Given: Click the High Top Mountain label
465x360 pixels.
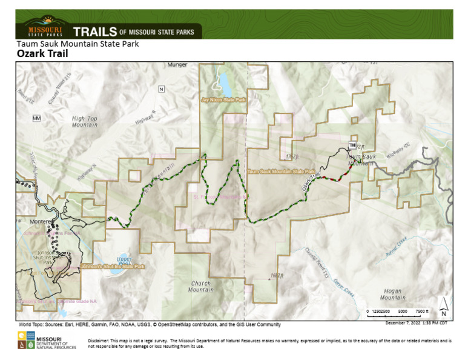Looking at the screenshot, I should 84,122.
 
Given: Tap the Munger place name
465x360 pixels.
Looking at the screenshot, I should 177,64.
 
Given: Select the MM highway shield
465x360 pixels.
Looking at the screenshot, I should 36,118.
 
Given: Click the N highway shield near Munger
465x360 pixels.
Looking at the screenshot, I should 161,89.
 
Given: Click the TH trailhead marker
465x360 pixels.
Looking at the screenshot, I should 352,145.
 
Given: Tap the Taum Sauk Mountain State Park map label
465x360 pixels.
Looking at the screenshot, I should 281,172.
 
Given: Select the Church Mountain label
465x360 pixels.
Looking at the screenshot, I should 201,287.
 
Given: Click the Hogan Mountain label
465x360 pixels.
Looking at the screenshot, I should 391,295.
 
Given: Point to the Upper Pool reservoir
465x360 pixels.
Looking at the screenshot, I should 124,262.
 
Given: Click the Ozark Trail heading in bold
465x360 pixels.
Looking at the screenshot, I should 42,54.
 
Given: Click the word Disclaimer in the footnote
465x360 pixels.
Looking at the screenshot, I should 100,341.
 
